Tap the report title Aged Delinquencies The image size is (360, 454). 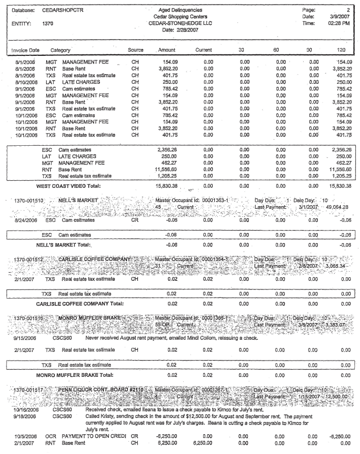coord(179,10)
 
